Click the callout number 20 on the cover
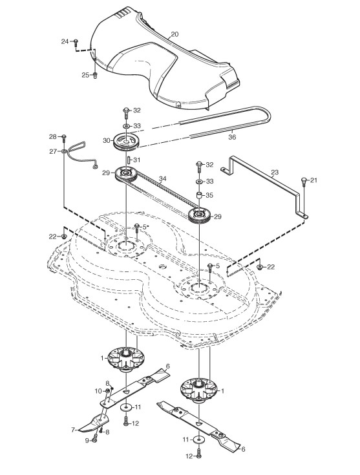pos(175,34)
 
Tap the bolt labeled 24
pos(76,42)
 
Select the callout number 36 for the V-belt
pos(232,137)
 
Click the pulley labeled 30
pos(125,141)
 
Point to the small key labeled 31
pos(128,160)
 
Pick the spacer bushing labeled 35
pos(199,195)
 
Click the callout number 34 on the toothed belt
pos(163,179)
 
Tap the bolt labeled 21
pos(304,182)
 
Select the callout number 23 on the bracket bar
pos(274,173)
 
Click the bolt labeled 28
pos(63,138)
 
